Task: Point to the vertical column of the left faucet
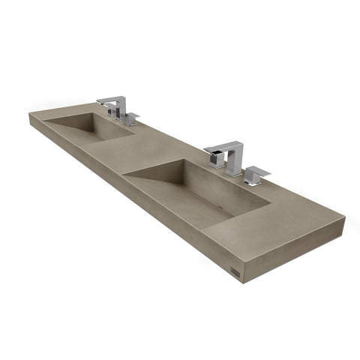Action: [119, 107]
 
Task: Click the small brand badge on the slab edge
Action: [237, 267]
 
